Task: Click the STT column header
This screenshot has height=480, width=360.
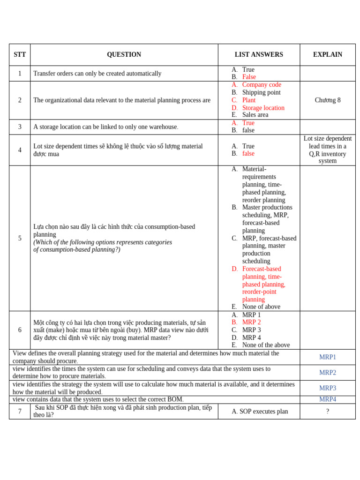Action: click(20, 55)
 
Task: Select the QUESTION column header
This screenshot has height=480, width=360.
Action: click(124, 55)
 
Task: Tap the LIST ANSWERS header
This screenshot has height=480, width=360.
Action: click(259, 55)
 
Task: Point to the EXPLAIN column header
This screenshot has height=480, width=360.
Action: click(327, 55)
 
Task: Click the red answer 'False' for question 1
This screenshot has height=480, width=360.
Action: click(249, 77)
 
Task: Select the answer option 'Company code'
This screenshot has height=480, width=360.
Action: click(262, 85)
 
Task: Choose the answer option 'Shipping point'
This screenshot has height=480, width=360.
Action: click(261, 92)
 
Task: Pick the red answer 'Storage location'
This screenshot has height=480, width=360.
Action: click(263, 108)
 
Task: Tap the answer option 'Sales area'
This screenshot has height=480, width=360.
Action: click(255, 115)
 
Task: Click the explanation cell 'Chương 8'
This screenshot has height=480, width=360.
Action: click(327, 100)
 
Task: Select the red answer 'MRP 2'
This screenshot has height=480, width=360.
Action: click(251, 322)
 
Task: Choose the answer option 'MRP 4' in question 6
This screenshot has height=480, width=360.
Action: click(251, 337)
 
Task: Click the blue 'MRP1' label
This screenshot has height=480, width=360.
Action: click(327, 357)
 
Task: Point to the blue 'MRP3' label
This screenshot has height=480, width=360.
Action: click(327, 388)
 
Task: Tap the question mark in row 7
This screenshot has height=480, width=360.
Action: click(327, 412)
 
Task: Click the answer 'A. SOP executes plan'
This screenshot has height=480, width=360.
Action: click(260, 412)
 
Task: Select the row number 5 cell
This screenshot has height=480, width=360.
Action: click(20, 238)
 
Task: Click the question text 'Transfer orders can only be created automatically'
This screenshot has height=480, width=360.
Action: click(97, 74)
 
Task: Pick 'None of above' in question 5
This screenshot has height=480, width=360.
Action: click(261, 307)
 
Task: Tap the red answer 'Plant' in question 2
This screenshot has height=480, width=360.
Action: click(248, 100)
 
